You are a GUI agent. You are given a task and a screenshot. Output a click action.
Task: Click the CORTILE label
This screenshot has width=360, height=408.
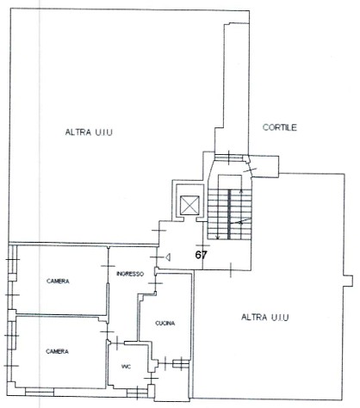pos(280,127)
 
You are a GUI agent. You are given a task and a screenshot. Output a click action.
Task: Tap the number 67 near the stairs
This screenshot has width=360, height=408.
pos(201,255)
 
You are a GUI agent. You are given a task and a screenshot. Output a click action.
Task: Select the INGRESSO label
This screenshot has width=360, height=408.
pos(130,274)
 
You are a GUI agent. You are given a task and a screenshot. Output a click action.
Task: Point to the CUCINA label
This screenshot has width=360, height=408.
pos(165,323)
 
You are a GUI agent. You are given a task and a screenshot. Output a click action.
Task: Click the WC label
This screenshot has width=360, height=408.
pos(126,367)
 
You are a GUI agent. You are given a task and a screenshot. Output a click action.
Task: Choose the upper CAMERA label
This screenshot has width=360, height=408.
pos(58,281)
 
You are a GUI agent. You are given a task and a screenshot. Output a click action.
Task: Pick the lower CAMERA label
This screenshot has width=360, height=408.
pos(57,351)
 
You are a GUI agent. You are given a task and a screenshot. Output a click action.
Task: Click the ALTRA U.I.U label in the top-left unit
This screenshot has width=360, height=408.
pos(89,133)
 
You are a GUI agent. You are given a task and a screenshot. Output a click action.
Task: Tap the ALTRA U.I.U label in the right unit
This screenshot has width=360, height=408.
pos(265,318)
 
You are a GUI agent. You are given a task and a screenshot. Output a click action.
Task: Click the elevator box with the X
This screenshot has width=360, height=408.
pos(189,205)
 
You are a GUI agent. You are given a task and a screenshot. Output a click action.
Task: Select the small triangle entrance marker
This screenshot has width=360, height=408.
pos(168,257)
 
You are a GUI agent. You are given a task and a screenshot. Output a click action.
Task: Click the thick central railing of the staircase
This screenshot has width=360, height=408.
pos(229,214)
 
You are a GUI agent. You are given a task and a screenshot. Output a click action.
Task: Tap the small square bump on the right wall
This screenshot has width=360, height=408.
pos(348,281)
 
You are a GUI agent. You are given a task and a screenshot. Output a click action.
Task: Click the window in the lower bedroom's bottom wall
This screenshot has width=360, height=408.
pos(40,392)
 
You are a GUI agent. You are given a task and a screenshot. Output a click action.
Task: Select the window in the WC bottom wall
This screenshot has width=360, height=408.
pos(137,393)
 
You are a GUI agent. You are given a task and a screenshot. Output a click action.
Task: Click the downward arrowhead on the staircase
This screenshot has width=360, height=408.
pos(218,237)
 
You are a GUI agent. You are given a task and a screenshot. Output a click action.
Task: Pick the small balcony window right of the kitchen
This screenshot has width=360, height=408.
pos(181,364)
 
